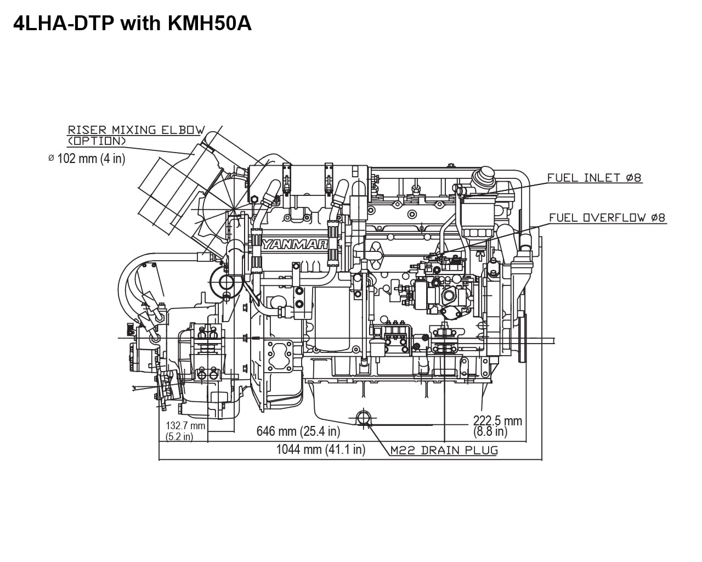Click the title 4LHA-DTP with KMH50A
click(132, 23)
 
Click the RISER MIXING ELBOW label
click(136, 130)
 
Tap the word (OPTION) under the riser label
click(97, 141)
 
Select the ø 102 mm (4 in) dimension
click(87, 159)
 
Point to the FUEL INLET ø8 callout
click(594, 178)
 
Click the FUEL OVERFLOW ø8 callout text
click(607, 218)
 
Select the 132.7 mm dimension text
click(185, 425)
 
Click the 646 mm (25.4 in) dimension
click(298, 431)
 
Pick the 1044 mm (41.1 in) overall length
click(320, 449)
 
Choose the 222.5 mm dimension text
click(497, 421)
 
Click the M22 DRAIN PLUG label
click(444, 451)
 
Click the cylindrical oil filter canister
click(332, 321)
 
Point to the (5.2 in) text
click(179, 437)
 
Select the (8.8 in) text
click(490, 432)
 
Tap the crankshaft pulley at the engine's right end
click(523, 335)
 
